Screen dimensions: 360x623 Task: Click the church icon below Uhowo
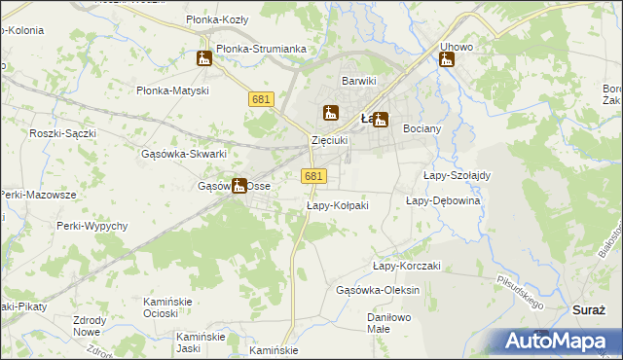(447, 60)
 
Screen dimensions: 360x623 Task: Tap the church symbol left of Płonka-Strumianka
(204, 58)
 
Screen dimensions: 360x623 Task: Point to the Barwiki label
(358, 81)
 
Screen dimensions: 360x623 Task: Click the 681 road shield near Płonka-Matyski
(261, 100)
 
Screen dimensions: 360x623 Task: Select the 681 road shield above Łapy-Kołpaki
(313, 175)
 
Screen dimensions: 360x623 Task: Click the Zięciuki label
(329, 140)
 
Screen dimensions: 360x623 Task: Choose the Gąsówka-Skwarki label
(184, 154)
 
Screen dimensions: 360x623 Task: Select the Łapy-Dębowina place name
(443, 200)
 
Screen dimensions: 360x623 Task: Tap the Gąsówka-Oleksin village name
(377, 291)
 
